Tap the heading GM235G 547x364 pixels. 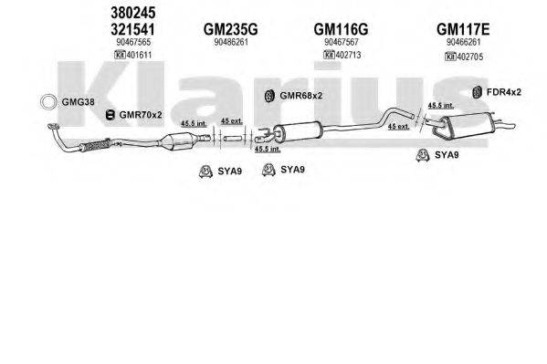tap(230, 29)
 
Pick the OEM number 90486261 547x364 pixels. tap(230, 43)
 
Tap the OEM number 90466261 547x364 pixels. tap(465, 43)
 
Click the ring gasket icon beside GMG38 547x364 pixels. tap(47, 101)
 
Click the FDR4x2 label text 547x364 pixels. tap(503, 91)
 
